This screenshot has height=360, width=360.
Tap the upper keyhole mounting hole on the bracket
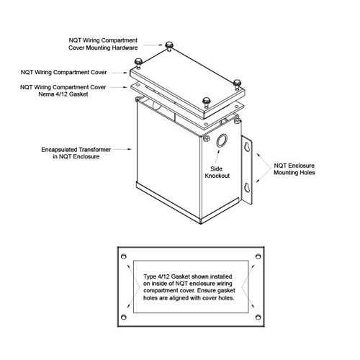[247, 146]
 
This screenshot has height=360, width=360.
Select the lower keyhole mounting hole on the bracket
[247, 187]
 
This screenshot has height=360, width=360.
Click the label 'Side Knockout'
[217, 172]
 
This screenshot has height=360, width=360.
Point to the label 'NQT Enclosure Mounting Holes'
[294, 169]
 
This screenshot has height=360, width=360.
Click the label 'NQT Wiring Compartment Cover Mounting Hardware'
[103, 44]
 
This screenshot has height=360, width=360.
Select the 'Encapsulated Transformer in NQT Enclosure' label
[76, 153]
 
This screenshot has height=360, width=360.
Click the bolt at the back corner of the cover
[169, 46]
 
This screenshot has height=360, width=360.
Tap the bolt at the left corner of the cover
[138, 63]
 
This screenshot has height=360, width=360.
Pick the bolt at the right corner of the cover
[237, 84]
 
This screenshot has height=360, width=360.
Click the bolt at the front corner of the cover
[206, 102]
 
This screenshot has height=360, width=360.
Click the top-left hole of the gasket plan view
[124, 256]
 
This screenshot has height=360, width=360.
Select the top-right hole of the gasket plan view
[258, 256]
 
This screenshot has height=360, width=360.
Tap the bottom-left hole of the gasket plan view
[124, 317]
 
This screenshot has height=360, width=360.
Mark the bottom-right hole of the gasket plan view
[258, 317]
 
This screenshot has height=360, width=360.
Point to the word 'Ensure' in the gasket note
[207, 290]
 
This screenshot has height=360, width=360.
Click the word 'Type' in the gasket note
[150, 276]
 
